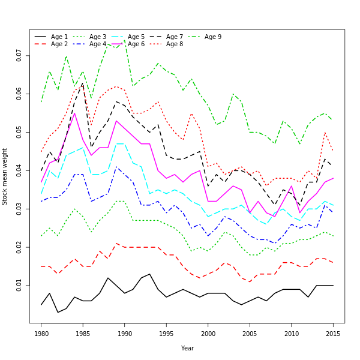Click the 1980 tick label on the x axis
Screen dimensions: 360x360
[41, 334]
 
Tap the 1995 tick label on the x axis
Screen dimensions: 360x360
[166, 334]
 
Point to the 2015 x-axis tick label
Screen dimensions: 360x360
[333, 334]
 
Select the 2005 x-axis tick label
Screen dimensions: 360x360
[250, 334]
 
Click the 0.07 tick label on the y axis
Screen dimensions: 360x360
[20, 55]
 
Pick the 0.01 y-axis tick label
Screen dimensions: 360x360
[20, 285]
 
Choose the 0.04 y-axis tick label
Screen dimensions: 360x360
[20, 170]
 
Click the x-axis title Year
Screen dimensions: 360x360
[187, 348]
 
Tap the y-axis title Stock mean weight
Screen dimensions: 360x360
[5, 177]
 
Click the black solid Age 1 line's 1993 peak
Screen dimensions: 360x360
[150, 274]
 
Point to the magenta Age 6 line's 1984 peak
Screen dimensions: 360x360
[74, 113]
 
